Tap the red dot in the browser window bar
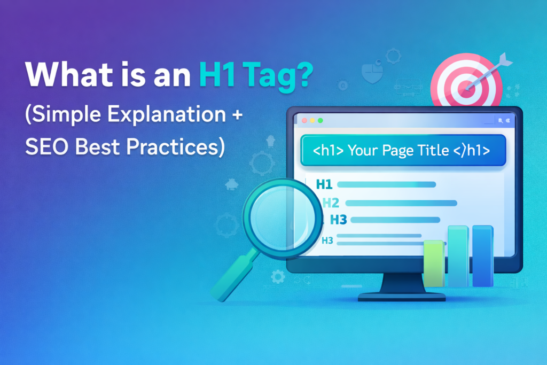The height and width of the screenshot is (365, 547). pos(304,121)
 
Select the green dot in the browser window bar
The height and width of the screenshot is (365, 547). pos(321,121)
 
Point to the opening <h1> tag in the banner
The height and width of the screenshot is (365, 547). pos(329,151)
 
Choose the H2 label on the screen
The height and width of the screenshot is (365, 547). pos(331,203)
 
